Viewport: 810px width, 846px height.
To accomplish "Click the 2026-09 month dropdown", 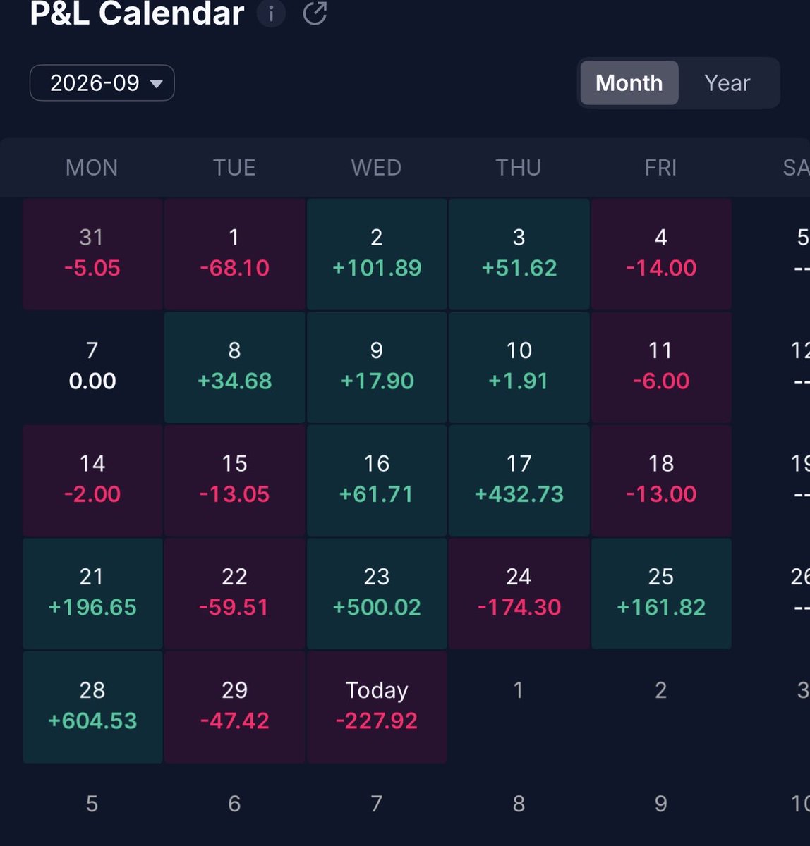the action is point(102,82).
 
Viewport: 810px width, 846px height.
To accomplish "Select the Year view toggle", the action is point(727,82).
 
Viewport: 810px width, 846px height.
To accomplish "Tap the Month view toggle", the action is point(629,82).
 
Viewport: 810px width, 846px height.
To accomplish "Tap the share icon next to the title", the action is point(315,13).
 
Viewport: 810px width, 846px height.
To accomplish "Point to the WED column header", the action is point(376,167).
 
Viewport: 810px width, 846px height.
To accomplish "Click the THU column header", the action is point(519,167).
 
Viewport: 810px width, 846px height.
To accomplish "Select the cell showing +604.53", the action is point(92,707).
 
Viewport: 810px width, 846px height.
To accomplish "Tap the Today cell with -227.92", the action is point(377,707).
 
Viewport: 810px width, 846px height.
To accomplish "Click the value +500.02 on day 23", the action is point(377,607).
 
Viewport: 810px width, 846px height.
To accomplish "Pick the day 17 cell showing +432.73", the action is point(519,480).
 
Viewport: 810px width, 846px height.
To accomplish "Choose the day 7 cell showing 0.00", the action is point(92,367).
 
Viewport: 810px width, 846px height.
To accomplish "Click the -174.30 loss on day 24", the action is point(519,607).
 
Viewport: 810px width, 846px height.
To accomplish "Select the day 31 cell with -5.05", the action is point(92,254).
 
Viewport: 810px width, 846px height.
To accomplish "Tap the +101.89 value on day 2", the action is point(377,267).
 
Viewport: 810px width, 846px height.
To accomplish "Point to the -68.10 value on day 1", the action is point(234,267).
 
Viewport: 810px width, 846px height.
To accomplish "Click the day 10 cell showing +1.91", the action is point(519,367).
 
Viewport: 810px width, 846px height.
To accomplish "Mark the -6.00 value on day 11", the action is point(661,381).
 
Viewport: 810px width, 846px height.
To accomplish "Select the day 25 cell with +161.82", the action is point(661,594).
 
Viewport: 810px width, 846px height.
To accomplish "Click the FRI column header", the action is point(660,167).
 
